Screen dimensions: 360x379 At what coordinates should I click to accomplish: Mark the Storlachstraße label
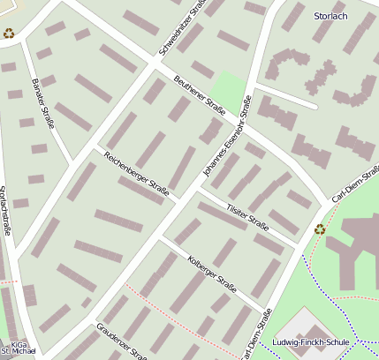click(5, 211)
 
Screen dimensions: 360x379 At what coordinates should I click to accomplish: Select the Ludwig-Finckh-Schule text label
click(312, 342)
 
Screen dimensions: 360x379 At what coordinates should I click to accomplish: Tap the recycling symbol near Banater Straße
click(9, 34)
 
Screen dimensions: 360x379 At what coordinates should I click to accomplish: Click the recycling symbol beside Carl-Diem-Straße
click(320, 229)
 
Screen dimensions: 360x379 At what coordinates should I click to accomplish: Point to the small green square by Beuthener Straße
click(229, 88)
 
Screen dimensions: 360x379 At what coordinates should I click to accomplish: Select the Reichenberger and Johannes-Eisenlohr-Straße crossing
click(181, 202)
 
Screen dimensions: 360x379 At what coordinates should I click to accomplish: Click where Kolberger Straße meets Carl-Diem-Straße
click(265, 311)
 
